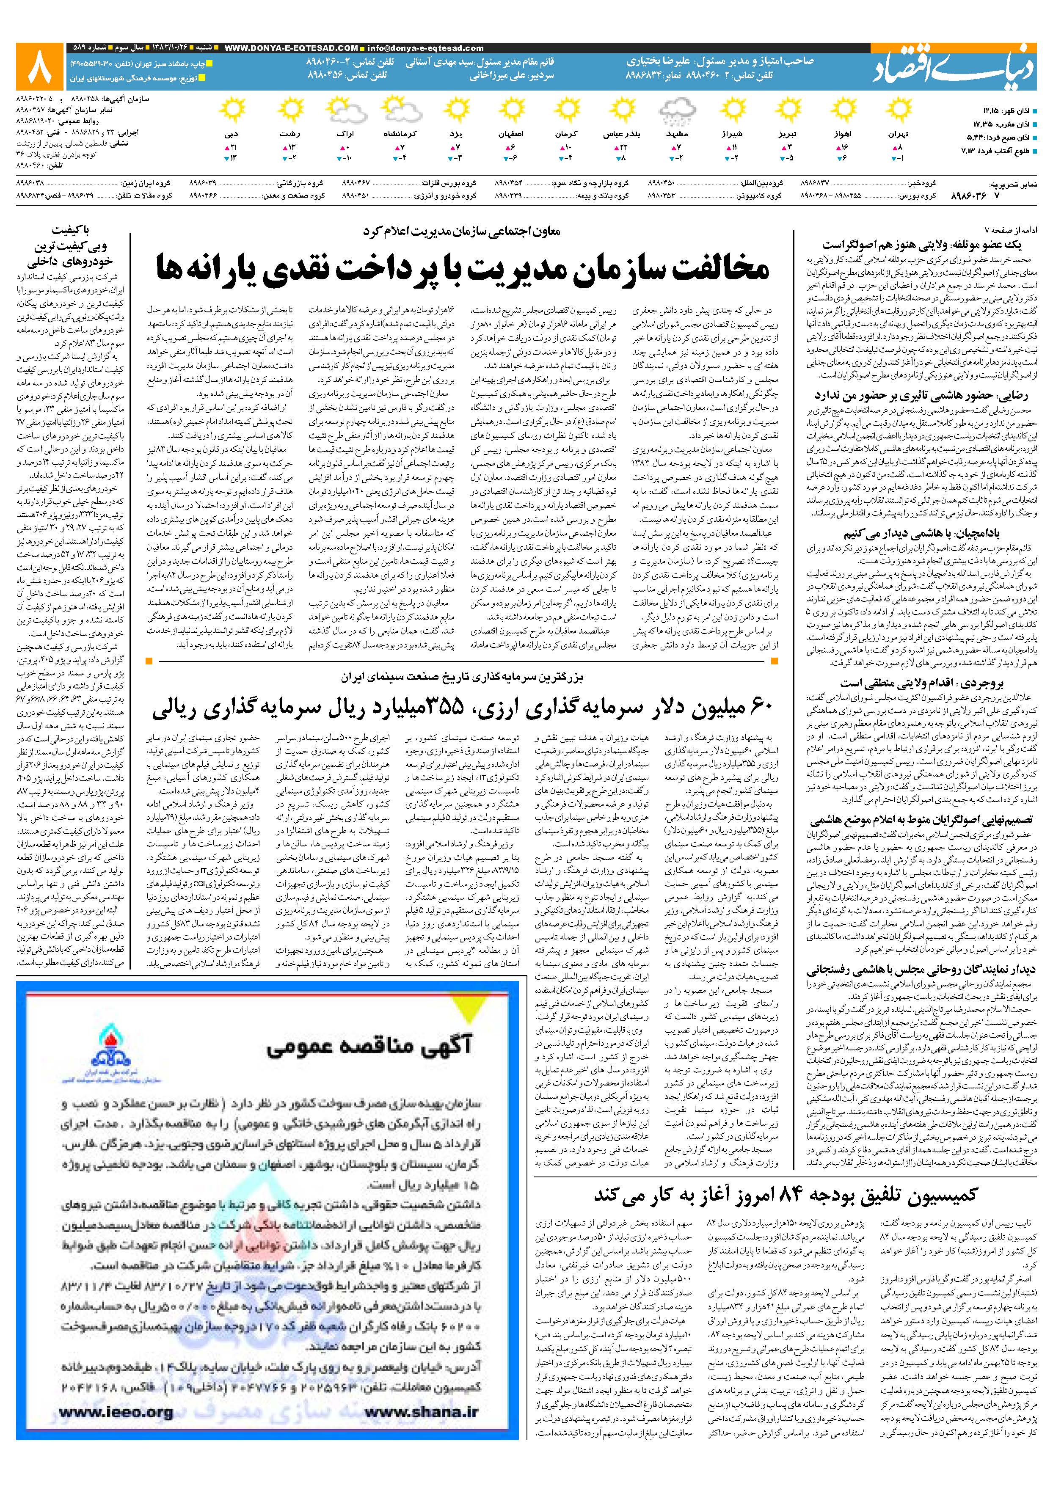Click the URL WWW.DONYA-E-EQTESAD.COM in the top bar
tap(290, 47)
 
